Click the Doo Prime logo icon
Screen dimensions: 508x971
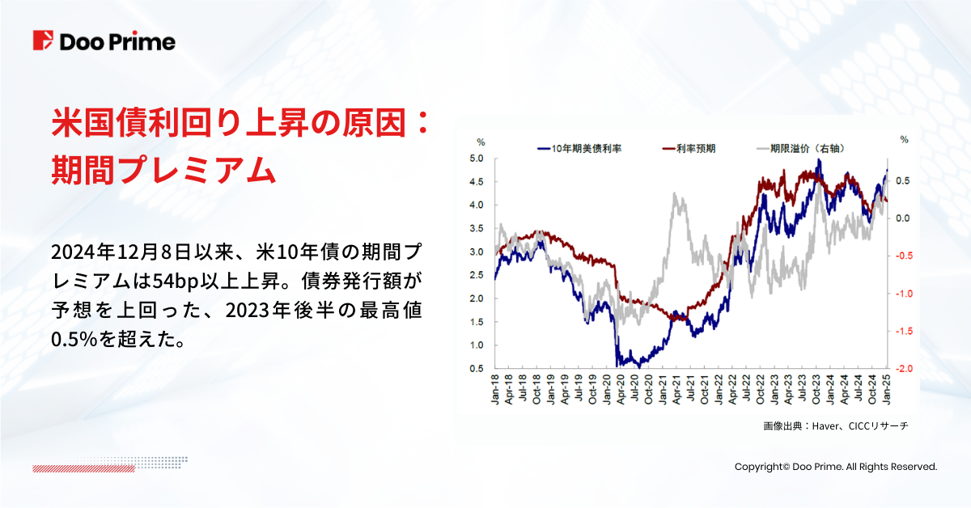pos(43,41)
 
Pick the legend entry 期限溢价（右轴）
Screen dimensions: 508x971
pos(799,149)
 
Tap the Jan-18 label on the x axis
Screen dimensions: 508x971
pos(495,392)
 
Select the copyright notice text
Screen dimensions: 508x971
pos(835,467)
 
